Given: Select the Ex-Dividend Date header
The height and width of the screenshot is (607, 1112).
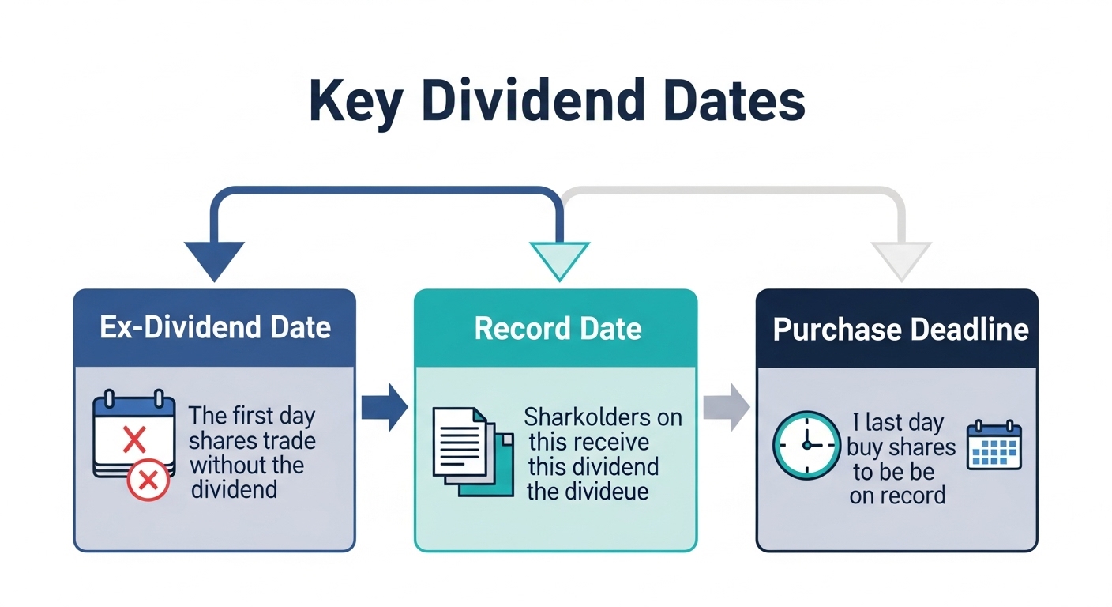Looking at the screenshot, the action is (x=215, y=328).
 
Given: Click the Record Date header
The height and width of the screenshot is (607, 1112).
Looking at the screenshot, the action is (x=558, y=328).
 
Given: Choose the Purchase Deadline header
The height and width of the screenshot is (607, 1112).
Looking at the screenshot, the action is (x=900, y=328).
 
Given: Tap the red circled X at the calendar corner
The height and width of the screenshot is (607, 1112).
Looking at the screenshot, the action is (x=148, y=479).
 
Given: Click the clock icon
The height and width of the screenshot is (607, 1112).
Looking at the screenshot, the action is (x=806, y=446).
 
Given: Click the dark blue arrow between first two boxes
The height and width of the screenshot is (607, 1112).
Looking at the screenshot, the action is (x=385, y=408).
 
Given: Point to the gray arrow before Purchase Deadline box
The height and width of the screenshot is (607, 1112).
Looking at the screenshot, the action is (x=727, y=408).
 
